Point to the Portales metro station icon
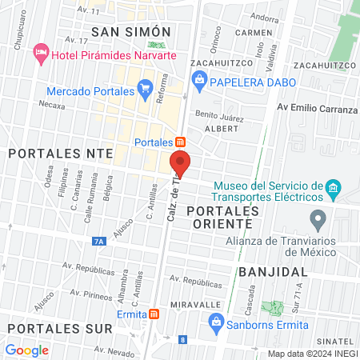click(181, 142)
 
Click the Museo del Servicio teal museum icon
click(334, 190)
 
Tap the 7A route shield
click(99, 239)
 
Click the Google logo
click(27, 350)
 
